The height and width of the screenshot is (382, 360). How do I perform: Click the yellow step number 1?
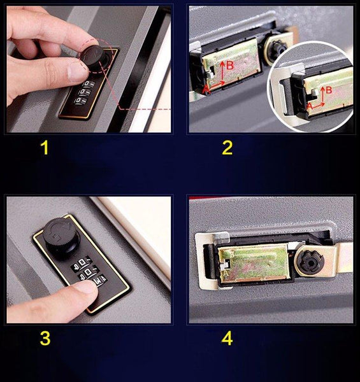coord(45,148)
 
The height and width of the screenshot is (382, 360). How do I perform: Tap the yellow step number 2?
coord(227,148)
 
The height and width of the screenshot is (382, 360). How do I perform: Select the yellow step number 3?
coord(45,339)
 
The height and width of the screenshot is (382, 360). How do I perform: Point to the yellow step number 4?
coord(227,339)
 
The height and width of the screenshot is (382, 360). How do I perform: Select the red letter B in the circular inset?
coord(329,90)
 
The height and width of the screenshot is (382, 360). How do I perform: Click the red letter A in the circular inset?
coord(310,106)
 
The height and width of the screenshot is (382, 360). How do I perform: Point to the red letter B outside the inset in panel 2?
coord(230,66)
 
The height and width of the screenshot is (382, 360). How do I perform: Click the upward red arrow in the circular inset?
coord(322,95)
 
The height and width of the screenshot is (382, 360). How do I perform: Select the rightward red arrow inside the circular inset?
coord(319,105)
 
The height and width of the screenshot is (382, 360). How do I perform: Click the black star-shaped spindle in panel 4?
coord(311,262)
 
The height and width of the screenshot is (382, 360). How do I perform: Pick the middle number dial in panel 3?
coord(88,271)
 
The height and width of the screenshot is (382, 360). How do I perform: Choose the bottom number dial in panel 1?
coord(81,101)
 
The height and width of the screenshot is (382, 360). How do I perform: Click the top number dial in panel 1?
coord(89,84)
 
